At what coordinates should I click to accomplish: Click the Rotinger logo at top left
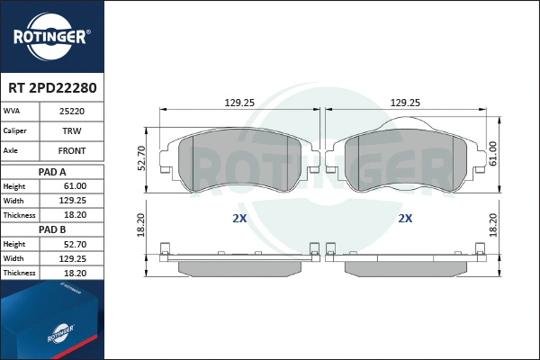point(51,36)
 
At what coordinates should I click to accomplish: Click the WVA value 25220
point(72,112)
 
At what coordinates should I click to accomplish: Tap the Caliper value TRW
point(72,131)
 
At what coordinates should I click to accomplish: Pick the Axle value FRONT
point(72,151)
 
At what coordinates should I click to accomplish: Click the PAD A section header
point(53,171)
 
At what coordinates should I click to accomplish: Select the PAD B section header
point(53,229)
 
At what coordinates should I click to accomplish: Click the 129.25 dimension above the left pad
point(238,103)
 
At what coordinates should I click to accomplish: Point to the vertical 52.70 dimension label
point(141,158)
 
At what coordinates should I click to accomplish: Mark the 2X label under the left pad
point(238,218)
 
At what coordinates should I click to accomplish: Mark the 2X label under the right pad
point(405,218)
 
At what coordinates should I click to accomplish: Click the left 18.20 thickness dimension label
point(141,225)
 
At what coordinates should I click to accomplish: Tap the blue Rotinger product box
point(51,322)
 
